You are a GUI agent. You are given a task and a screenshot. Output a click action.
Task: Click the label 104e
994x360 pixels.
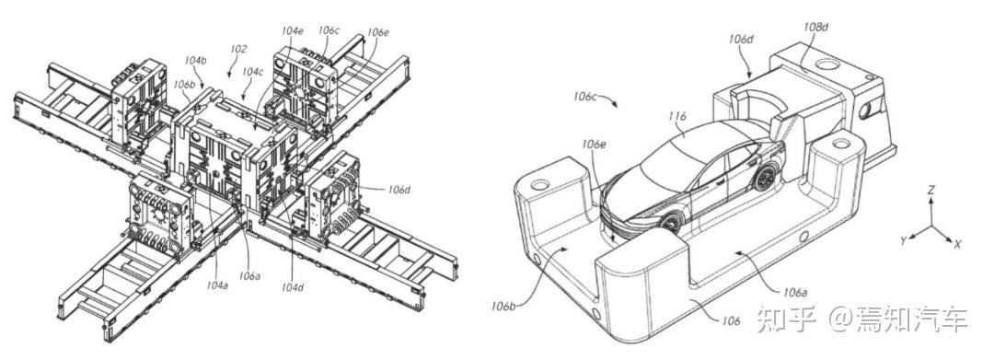tap(293, 30)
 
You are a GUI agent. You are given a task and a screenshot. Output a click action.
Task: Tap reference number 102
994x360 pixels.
tap(239, 48)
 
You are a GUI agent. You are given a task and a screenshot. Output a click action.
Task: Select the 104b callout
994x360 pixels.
tap(196, 60)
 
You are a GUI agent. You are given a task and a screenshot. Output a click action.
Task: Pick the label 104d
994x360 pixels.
tap(293, 286)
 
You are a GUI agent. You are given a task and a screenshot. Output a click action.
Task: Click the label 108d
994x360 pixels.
tap(815, 28)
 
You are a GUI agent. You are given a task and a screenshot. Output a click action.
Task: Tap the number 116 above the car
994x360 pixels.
tap(677, 117)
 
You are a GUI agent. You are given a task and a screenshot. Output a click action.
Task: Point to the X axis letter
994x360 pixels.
tap(958, 243)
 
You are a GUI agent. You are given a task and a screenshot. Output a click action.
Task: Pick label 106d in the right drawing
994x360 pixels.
tap(740, 40)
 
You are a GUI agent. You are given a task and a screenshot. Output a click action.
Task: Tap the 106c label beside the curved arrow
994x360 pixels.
tap(585, 97)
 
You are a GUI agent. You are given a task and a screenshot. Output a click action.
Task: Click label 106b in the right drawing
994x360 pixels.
tap(503, 307)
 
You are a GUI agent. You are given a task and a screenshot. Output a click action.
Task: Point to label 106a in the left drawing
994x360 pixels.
tap(249, 275)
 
